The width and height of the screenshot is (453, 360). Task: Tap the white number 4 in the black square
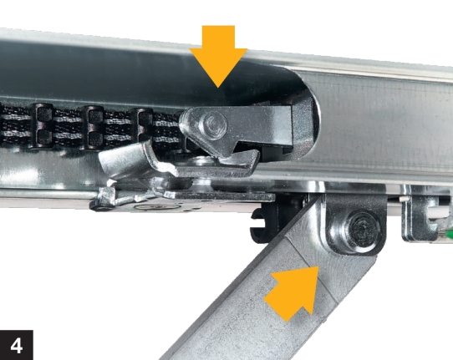(x=17, y=346)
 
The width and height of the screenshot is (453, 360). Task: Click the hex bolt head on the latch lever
(x=213, y=125)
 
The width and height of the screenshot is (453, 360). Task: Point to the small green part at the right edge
(x=450, y=234)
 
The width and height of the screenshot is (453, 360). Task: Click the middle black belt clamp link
(x=94, y=127)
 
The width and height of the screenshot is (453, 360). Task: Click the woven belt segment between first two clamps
(x=69, y=127)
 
